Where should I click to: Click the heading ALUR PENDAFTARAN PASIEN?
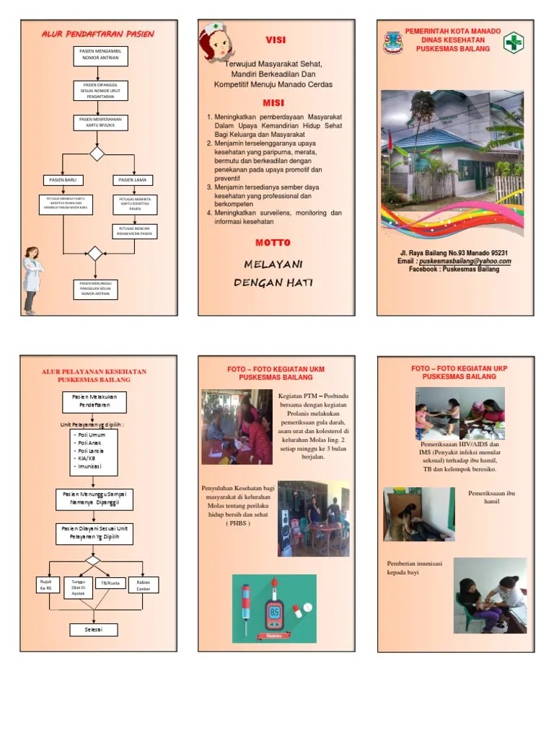[x=97, y=34]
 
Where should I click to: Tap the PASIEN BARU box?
[x=63, y=179]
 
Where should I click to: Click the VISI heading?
[x=276, y=40]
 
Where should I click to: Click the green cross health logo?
[x=514, y=43]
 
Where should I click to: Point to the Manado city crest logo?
[x=393, y=42]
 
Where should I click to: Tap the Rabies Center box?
[x=144, y=584]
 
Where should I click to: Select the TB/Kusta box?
[x=110, y=582]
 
